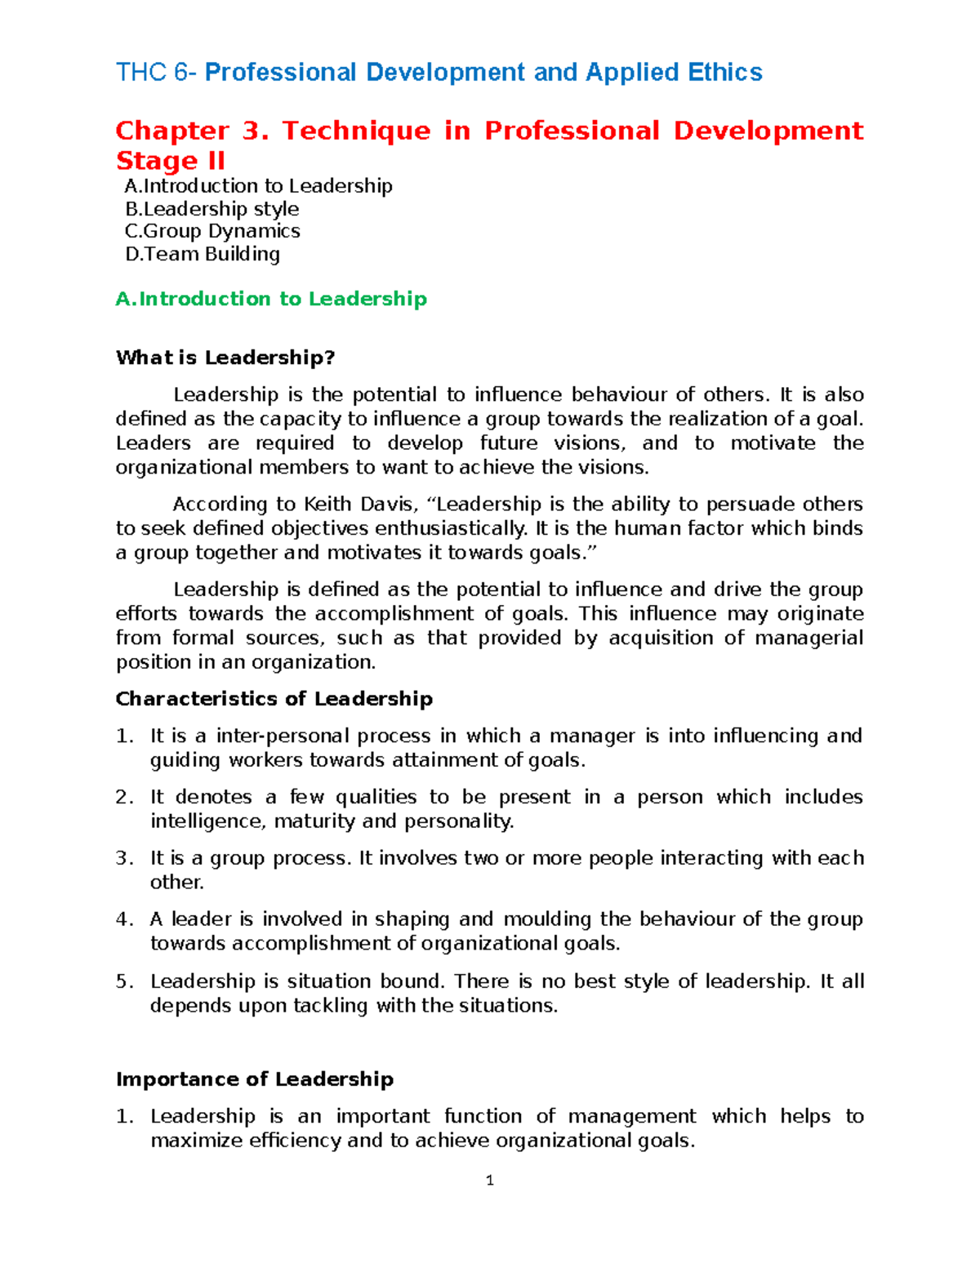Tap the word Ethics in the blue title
coord(724,73)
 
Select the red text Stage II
coord(170,160)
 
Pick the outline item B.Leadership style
coord(212,209)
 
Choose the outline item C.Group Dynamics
coord(212,231)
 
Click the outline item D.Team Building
coord(203,254)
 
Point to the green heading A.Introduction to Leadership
coord(271,299)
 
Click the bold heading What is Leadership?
coord(225,358)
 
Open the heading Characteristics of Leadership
coord(274,699)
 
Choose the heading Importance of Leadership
coord(254,1079)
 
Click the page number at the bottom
coord(489,1181)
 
